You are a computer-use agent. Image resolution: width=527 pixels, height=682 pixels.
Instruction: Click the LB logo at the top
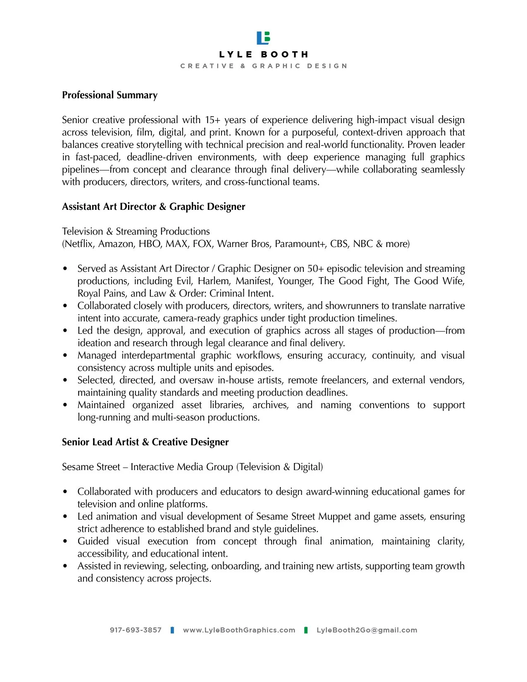click(x=263, y=38)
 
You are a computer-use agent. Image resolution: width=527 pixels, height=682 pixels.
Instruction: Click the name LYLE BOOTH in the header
click(x=263, y=55)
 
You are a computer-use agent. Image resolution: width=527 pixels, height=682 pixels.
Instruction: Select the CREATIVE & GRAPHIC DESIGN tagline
click(x=263, y=66)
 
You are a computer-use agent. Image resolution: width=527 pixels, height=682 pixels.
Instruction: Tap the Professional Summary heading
click(x=110, y=95)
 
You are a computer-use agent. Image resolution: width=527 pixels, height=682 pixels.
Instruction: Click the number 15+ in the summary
click(x=212, y=120)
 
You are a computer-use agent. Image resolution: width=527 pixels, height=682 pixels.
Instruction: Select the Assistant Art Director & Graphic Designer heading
click(x=153, y=207)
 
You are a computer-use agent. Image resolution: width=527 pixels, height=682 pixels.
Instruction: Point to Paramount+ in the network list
click(x=300, y=244)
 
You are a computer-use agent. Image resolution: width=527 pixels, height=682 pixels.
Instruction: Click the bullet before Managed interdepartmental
click(x=65, y=356)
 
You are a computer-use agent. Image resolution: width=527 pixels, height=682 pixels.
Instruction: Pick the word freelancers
click(x=344, y=380)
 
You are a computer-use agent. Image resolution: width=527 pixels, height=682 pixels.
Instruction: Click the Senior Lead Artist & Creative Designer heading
click(x=145, y=442)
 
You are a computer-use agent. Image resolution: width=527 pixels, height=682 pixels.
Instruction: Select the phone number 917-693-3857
click(x=136, y=630)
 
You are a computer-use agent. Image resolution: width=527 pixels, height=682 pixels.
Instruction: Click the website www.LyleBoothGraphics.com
click(x=239, y=630)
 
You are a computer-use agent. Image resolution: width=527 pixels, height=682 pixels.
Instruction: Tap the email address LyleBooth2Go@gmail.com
click(x=367, y=630)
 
